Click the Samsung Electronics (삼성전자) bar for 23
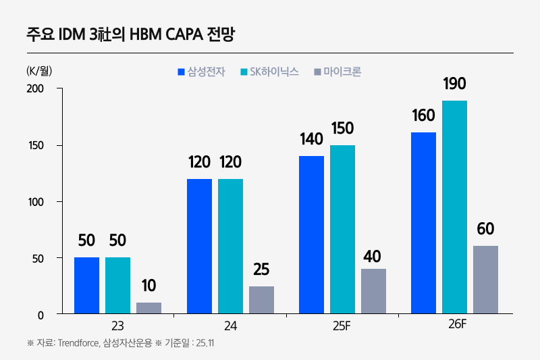point(86,286)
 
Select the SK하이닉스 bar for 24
point(230,247)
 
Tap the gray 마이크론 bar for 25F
point(373,291)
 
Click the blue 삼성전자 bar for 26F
point(423,223)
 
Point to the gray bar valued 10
point(148,308)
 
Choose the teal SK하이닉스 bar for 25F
point(342,230)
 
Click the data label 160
point(423,115)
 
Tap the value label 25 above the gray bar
point(261,269)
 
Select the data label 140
point(311,139)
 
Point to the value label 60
point(485,229)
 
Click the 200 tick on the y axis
point(35,89)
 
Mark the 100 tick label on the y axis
point(35,202)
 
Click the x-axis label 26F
point(457,324)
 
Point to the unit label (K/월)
point(39,70)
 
